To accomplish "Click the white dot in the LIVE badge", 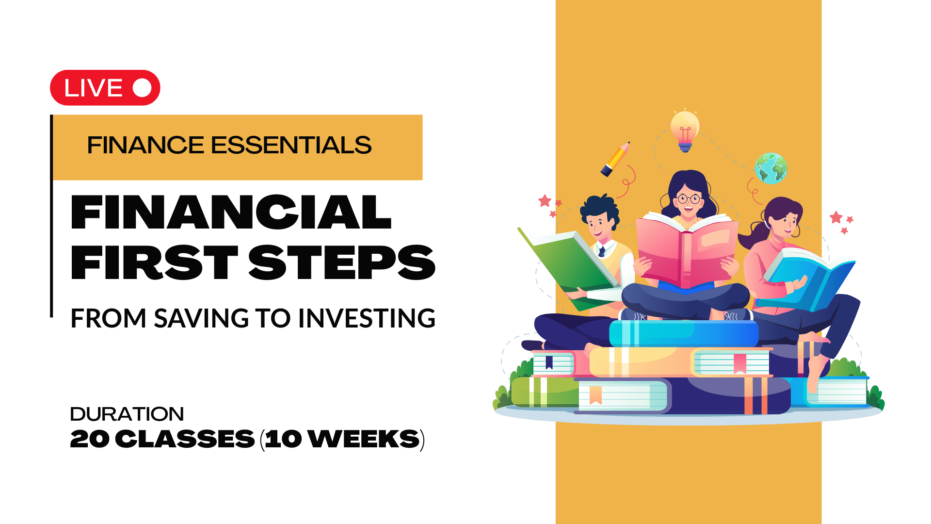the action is point(142,88).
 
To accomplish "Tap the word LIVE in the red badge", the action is point(94,88).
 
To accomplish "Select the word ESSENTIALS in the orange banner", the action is point(291,145).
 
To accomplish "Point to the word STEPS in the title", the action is point(342,262).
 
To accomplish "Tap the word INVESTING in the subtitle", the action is point(367,318).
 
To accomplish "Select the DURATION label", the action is point(127,414).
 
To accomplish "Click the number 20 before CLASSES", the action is point(90,439).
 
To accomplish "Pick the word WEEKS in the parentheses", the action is point(364,439).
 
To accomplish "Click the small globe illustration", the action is point(770,168).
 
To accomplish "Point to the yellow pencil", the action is point(615,159).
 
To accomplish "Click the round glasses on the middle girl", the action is point(689,198).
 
